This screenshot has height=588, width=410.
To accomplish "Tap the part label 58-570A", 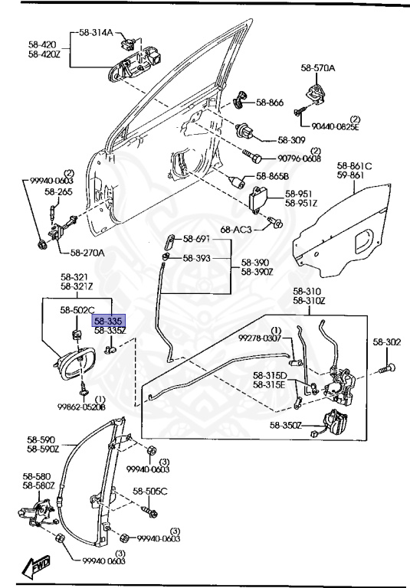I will [x=317, y=69].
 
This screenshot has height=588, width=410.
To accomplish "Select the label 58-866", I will [x=269, y=102].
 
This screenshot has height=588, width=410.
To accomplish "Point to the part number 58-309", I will [x=291, y=140].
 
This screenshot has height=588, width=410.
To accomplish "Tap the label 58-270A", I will [x=88, y=252].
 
